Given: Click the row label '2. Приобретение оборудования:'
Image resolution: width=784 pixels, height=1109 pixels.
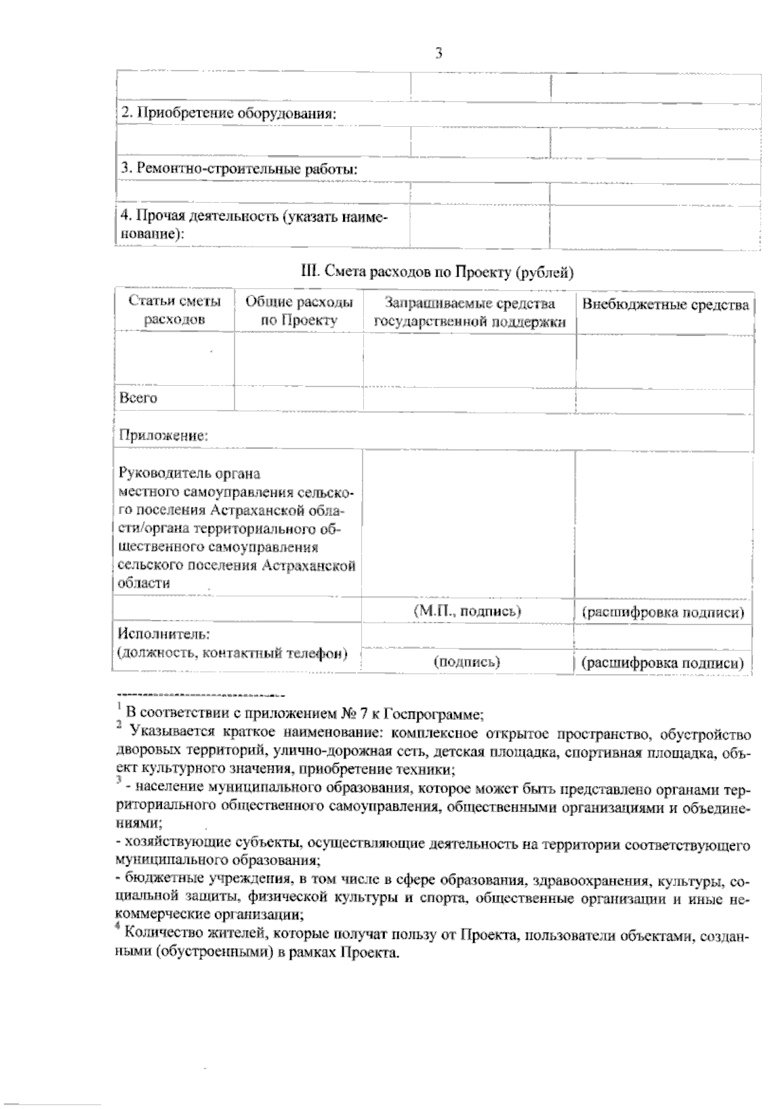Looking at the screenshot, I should point(228,113).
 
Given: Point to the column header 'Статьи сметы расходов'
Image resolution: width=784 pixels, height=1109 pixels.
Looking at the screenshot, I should point(174,311).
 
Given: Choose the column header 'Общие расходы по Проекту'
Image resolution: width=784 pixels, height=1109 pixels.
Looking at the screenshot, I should point(299,311).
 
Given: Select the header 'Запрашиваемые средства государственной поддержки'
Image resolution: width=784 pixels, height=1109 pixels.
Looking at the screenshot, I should point(470,312).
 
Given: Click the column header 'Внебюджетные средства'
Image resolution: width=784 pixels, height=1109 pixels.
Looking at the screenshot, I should point(665,305).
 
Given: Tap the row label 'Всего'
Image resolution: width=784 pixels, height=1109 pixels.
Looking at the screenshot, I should point(139,398).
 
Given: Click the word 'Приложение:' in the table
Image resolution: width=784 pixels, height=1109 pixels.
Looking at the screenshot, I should point(163,435).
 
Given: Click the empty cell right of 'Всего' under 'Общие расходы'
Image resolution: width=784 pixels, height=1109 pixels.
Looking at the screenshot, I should point(298,398).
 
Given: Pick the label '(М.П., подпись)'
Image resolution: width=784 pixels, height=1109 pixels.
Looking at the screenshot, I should point(468,611).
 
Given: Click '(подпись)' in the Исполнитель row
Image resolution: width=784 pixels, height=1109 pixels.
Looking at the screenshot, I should point(467,662).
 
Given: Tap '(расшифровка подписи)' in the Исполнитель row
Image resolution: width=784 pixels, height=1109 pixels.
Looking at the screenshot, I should point(662,663).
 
